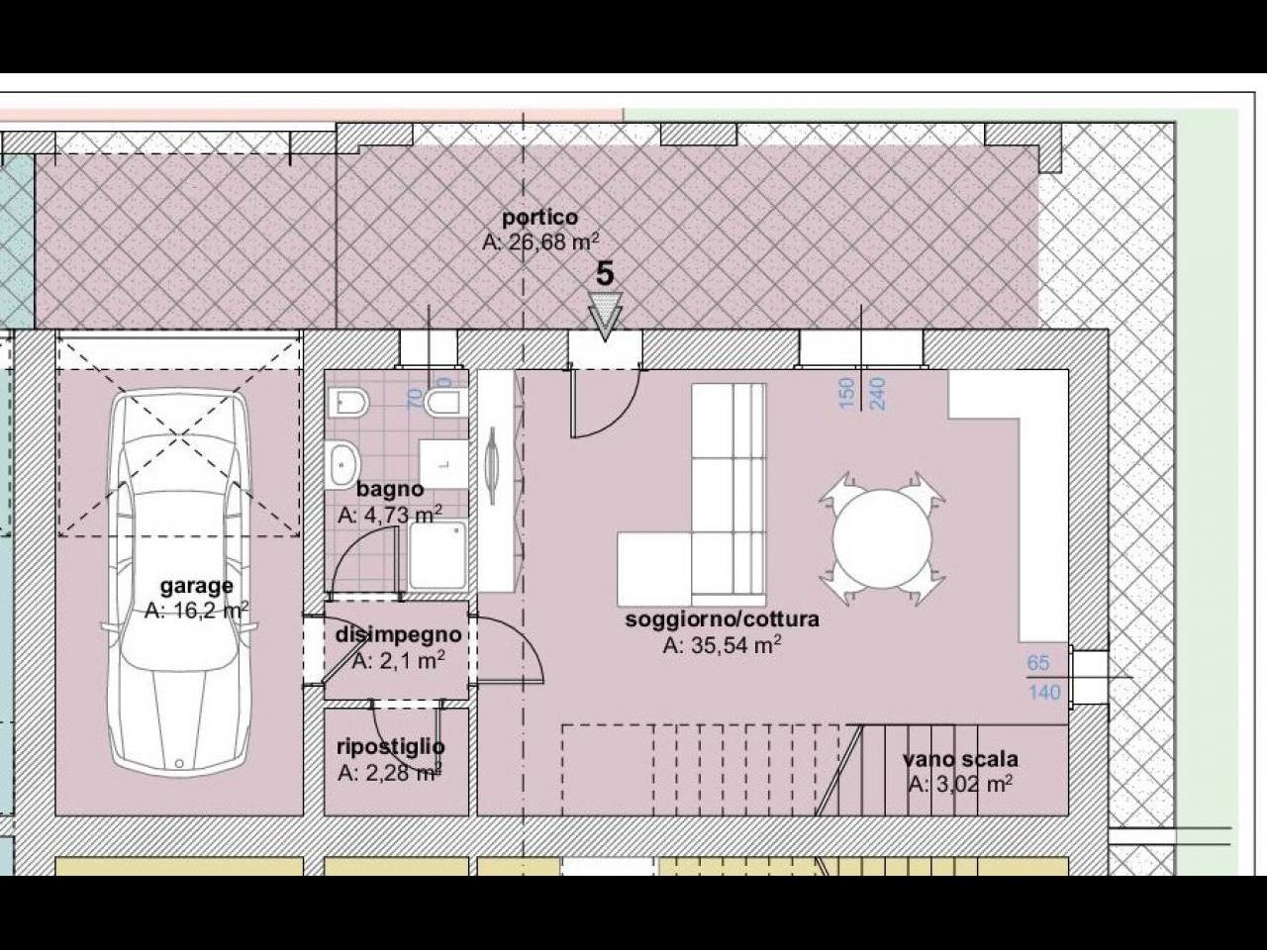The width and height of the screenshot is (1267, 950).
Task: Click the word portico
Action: pos(539,218)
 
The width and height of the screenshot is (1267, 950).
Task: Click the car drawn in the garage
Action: pos(179,582)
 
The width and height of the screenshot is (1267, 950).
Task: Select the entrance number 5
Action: pos(605,274)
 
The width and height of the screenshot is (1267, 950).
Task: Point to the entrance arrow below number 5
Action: pos(605,316)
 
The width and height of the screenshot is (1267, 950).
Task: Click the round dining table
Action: pos(882,538)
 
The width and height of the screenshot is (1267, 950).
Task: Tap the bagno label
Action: pos(390,489)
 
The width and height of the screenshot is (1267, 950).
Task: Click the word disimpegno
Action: pos(398,635)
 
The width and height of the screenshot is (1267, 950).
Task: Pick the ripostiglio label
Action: pos(391,747)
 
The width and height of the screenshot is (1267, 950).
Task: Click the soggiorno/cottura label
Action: pos(723,619)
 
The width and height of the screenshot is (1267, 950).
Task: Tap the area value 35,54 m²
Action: pos(723,645)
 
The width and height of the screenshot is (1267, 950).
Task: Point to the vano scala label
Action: pos(960,759)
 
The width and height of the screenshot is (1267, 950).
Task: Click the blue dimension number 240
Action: pos(877,394)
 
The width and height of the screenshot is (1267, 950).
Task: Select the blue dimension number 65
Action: pos(1037,663)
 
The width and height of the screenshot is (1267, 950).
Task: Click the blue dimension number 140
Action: pos(1044,692)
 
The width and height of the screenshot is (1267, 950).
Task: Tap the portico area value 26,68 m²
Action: pos(539,242)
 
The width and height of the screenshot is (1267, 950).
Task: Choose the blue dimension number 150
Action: pos(846,394)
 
